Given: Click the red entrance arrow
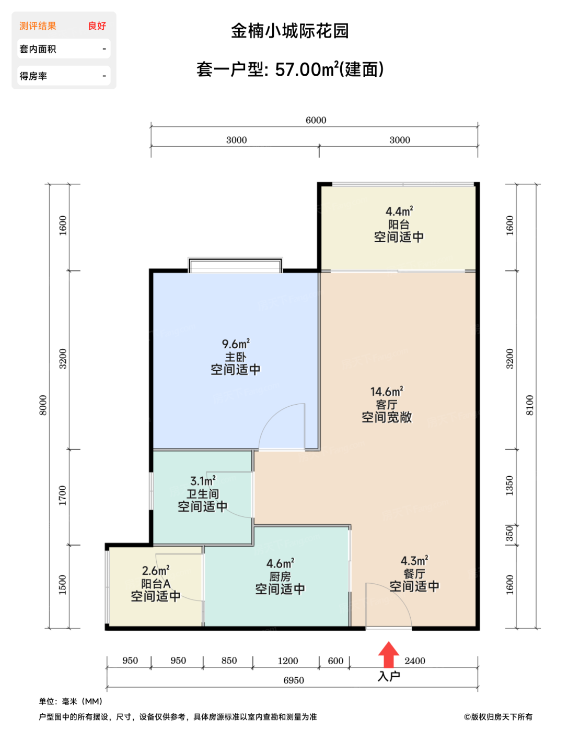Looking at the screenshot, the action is [389, 655].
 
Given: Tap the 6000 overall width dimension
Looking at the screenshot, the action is [316, 120].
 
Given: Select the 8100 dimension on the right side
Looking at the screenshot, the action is [530, 405].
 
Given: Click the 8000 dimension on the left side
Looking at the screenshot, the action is [43, 405].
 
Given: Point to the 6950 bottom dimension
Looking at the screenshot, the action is [294, 680].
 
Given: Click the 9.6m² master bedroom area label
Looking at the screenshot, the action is [236, 344].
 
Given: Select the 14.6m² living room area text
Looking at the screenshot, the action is [387, 392].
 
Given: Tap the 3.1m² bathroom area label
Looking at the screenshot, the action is [203, 481].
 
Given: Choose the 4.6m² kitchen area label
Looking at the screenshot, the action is [280, 563].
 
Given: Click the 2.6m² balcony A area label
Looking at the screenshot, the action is [156, 571].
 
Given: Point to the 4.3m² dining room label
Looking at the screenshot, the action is [414, 561].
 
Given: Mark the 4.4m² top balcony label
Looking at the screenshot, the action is [399, 211].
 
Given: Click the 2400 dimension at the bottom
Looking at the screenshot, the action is [415, 661].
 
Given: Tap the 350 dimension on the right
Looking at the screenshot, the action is [509, 534].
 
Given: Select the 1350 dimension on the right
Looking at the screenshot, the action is [509, 486].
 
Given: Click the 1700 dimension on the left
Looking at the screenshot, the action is [63, 496].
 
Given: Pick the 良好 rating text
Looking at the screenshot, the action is [97, 26].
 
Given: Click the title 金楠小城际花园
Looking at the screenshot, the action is [290, 31].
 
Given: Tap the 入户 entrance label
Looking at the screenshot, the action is [389, 676].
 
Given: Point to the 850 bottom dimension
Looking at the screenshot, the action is [229, 661].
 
